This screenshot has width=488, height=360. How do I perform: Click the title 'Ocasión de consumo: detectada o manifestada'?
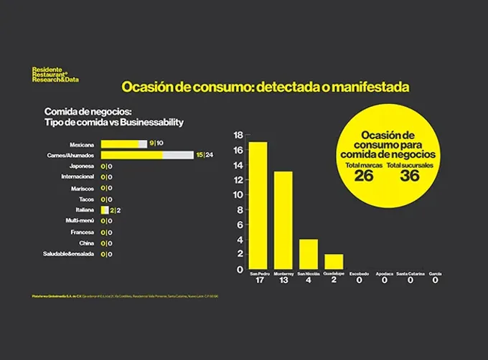(265, 87)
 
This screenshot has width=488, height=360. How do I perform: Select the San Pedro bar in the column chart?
(257, 205)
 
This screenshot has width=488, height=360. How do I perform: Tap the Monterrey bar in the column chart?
(283, 220)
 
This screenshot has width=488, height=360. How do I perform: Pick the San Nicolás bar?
(308, 254)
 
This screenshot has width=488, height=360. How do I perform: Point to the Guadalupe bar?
(334, 262)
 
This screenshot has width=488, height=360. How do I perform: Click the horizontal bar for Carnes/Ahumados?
(146, 155)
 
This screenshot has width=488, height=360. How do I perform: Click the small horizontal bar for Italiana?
(105, 210)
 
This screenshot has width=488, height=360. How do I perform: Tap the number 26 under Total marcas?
(364, 176)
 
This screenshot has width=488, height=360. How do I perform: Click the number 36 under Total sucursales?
(410, 176)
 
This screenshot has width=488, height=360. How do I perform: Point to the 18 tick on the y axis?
(239, 135)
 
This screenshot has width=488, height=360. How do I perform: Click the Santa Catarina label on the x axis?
(410, 273)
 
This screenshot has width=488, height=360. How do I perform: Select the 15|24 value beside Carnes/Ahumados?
(204, 155)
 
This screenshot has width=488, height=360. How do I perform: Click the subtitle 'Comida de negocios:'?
(88, 112)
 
